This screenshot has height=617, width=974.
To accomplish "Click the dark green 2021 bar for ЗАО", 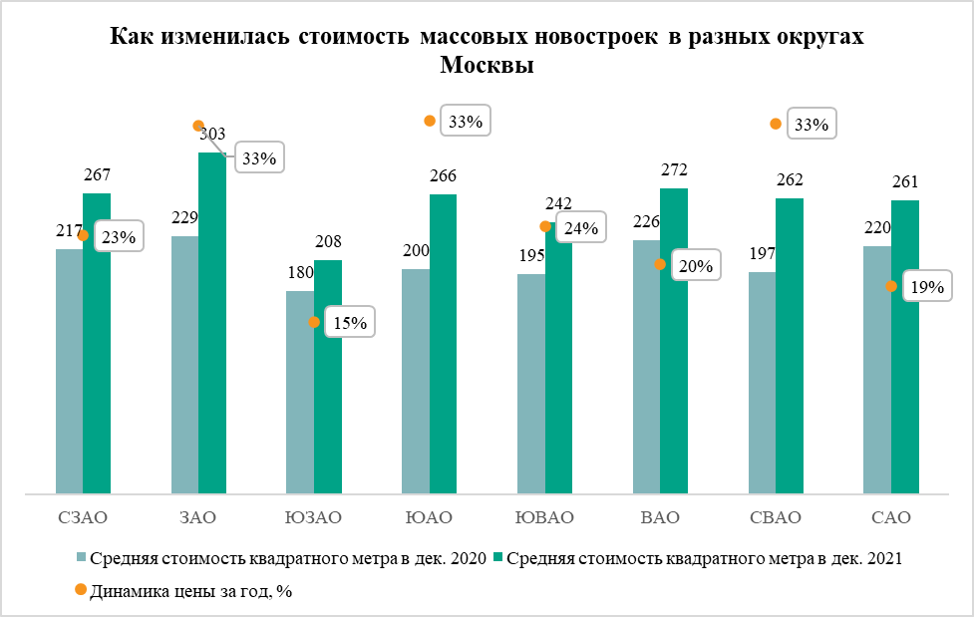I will click(x=212, y=323).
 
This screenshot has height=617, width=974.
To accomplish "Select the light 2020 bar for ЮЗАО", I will click(x=300, y=392).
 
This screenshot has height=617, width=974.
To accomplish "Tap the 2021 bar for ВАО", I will click(x=674, y=340).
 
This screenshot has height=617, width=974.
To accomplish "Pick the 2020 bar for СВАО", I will click(x=762, y=383).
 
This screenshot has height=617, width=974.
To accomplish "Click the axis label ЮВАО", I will click(x=544, y=517).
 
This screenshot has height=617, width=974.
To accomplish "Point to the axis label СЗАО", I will click(x=82, y=517).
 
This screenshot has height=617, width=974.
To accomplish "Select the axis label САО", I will click(x=890, y=517).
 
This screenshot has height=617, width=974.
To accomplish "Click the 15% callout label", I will click(x=350, y=322).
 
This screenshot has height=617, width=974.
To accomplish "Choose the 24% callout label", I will click(x=581, y=228).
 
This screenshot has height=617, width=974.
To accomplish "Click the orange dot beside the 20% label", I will click(x=659, y=264).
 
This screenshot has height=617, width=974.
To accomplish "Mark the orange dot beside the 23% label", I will click(x=84, y=236).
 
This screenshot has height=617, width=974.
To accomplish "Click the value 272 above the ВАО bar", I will click(x=674, y=169).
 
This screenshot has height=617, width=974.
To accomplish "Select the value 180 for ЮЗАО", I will click(x=300, y=272).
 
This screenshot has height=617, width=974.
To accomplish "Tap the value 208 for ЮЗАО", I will click(x=328, y=241).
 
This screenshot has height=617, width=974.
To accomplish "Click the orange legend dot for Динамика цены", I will click(x=80, y=590).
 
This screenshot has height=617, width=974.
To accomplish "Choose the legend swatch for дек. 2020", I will click(x=82, y=559).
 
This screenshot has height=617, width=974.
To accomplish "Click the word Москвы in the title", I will click(x=487, y=66).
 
